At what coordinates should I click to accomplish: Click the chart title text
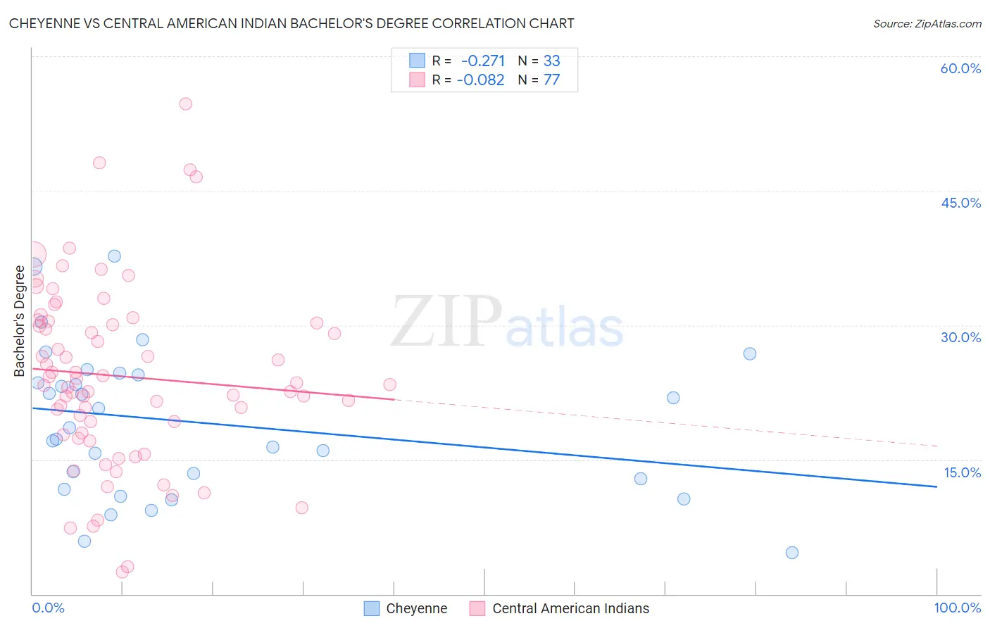(x=292, y=23)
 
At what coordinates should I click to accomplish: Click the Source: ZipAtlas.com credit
(x=927, y=23)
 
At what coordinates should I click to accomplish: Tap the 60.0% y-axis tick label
(x=960, y=68)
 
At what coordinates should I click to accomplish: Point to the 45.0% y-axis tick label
(x=960, y=203)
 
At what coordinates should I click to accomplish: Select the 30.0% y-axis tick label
(x=960, y=337)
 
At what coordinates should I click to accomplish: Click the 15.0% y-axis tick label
(x=962, y=472)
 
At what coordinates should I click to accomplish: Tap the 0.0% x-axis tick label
(x=48, y=608)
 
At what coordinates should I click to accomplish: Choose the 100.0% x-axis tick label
(x=957, y=608)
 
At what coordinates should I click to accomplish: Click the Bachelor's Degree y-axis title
(x=20, y=320)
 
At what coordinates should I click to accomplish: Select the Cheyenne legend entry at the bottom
(x=406, y=608)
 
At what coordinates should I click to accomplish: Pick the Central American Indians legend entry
(x=560, y=608)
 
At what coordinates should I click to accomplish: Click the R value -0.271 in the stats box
(x=483, y=61)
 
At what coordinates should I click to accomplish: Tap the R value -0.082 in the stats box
(x=481, y=80)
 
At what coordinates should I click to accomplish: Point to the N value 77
(x=551, y=80)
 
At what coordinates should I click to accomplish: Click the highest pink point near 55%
(x=185, y=103)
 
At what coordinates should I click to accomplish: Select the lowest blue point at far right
(x=792, y=553)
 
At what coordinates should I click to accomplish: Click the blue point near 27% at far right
(x=750, y=353)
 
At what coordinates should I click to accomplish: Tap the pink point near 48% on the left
(x=99, y=163)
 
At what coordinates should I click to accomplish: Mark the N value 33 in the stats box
(x=551, y=61)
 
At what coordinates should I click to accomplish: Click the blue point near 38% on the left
(x=114, y=256)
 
